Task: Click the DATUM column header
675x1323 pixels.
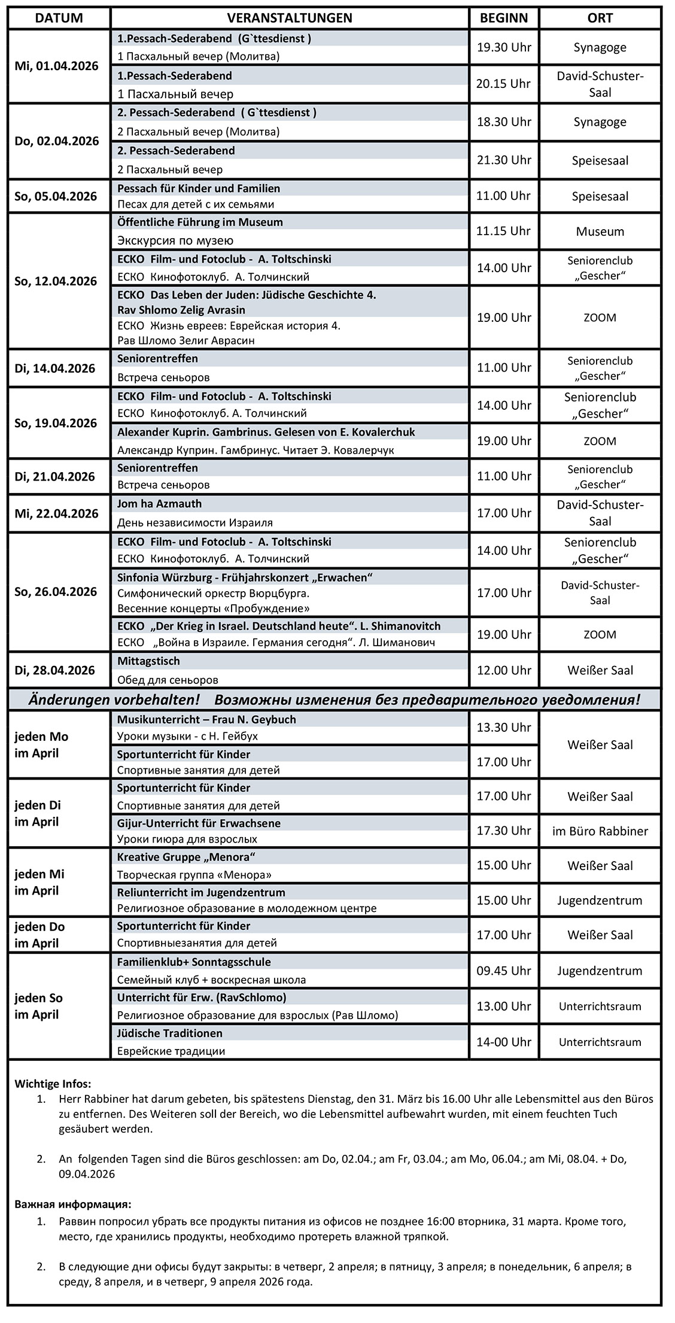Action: click(x=59, y=18)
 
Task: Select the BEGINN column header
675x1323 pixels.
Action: click(x=504, y=18)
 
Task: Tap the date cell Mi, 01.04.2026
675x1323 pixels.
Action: click(x=56, y=66)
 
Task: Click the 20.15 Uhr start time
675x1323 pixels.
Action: click(x=503, y=84)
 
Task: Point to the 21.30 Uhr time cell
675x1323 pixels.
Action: click(x=503, y=160)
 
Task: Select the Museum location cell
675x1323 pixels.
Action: click(x=600, y=232)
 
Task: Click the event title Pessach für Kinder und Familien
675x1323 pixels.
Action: click(x=199, y=188)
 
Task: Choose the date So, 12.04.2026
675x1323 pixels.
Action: click(x=56, y=281)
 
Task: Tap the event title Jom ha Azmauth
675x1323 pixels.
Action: click(x=159, y=504)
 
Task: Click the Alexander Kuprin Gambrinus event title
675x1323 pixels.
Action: click(x=266, y=432)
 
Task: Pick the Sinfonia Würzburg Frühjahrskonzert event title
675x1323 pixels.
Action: click(x=245, y=577)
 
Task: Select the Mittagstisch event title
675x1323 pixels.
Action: click(x=148, y=661)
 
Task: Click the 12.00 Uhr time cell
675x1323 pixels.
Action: click(x=503, y=670)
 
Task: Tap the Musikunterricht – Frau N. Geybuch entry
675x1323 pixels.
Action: click(x=206, y=719)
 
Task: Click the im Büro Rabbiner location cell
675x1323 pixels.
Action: click(x=600, y=831)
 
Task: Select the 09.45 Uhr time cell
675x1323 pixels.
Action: click(x=503, y=971)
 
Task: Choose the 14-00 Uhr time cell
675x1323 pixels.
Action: click(x=503, y=1042)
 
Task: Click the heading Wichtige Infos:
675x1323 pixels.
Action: click(x=53, y=1084)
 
